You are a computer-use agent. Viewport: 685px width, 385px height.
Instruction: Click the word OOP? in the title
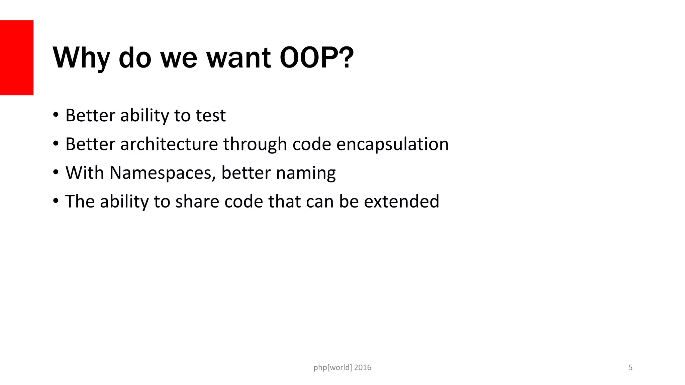(316, 57)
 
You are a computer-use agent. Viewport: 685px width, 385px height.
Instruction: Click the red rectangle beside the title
(17, 57)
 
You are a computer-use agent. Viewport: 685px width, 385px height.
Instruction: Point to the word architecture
(169, 144)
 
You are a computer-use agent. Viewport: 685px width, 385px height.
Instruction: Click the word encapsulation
(392, 144)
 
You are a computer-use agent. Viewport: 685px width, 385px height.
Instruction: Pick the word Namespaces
(163, 173)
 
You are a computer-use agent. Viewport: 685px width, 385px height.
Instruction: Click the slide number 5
(630, 368)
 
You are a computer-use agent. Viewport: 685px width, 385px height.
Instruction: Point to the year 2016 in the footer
(363, 368)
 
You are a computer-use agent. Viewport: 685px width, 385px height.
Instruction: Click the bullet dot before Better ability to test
(56, 115)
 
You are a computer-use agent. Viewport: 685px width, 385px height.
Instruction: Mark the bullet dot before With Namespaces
(56, 173)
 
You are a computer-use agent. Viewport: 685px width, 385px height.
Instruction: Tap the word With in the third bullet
(84, 173)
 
